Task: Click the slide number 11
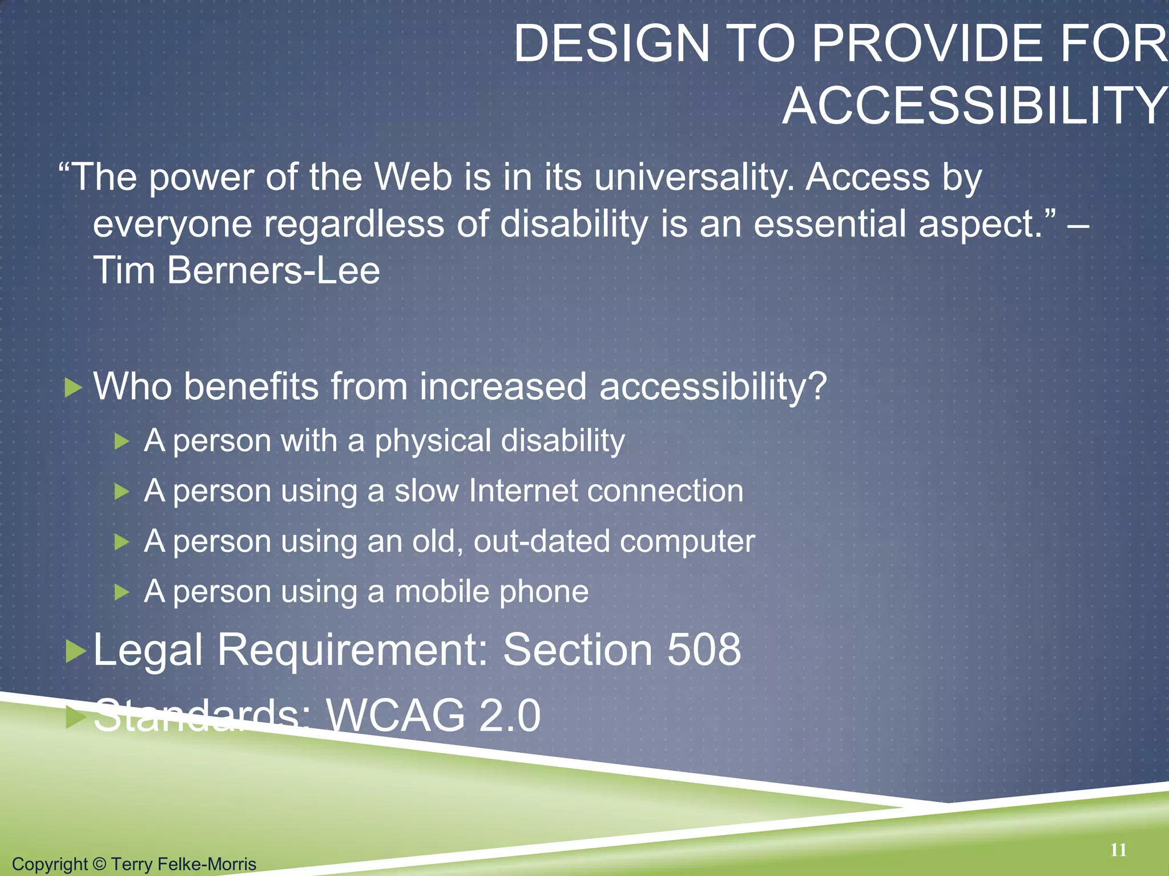click(x=1118, y=850)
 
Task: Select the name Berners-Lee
click(x=273, y=270)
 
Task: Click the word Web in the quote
click(x=413, y=177)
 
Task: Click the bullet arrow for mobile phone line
click(x=122, y=593)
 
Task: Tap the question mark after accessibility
click(x=817, y=387)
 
